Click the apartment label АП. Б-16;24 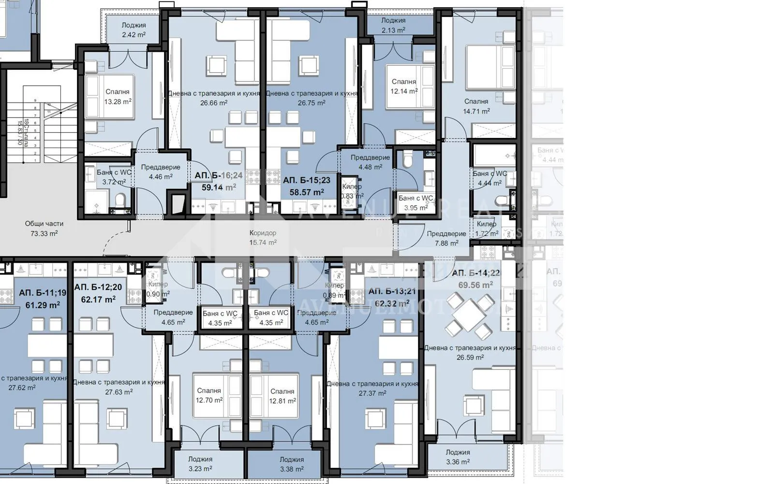pos(219,176)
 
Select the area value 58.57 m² pos(306,192)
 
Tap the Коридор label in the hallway pos(263,233)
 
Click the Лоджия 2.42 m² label pos(134,30)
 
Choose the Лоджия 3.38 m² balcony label pos(292,464)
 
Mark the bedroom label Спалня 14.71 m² pos(476,106)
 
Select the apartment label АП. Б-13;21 pos(392,291)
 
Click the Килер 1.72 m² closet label pos(486,228)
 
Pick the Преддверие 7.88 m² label pos(446,238)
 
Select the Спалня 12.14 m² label pos(404,87)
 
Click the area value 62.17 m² pos(98,300)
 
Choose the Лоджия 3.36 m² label pos(458,457)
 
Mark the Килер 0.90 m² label pos(158,289)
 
